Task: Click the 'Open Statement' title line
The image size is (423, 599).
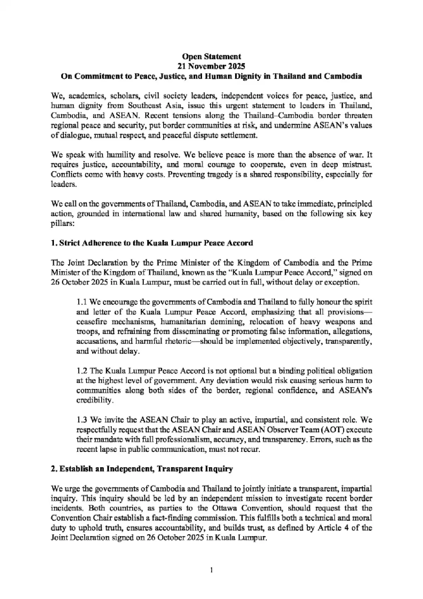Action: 211,56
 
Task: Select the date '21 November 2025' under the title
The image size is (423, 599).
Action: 211,66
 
